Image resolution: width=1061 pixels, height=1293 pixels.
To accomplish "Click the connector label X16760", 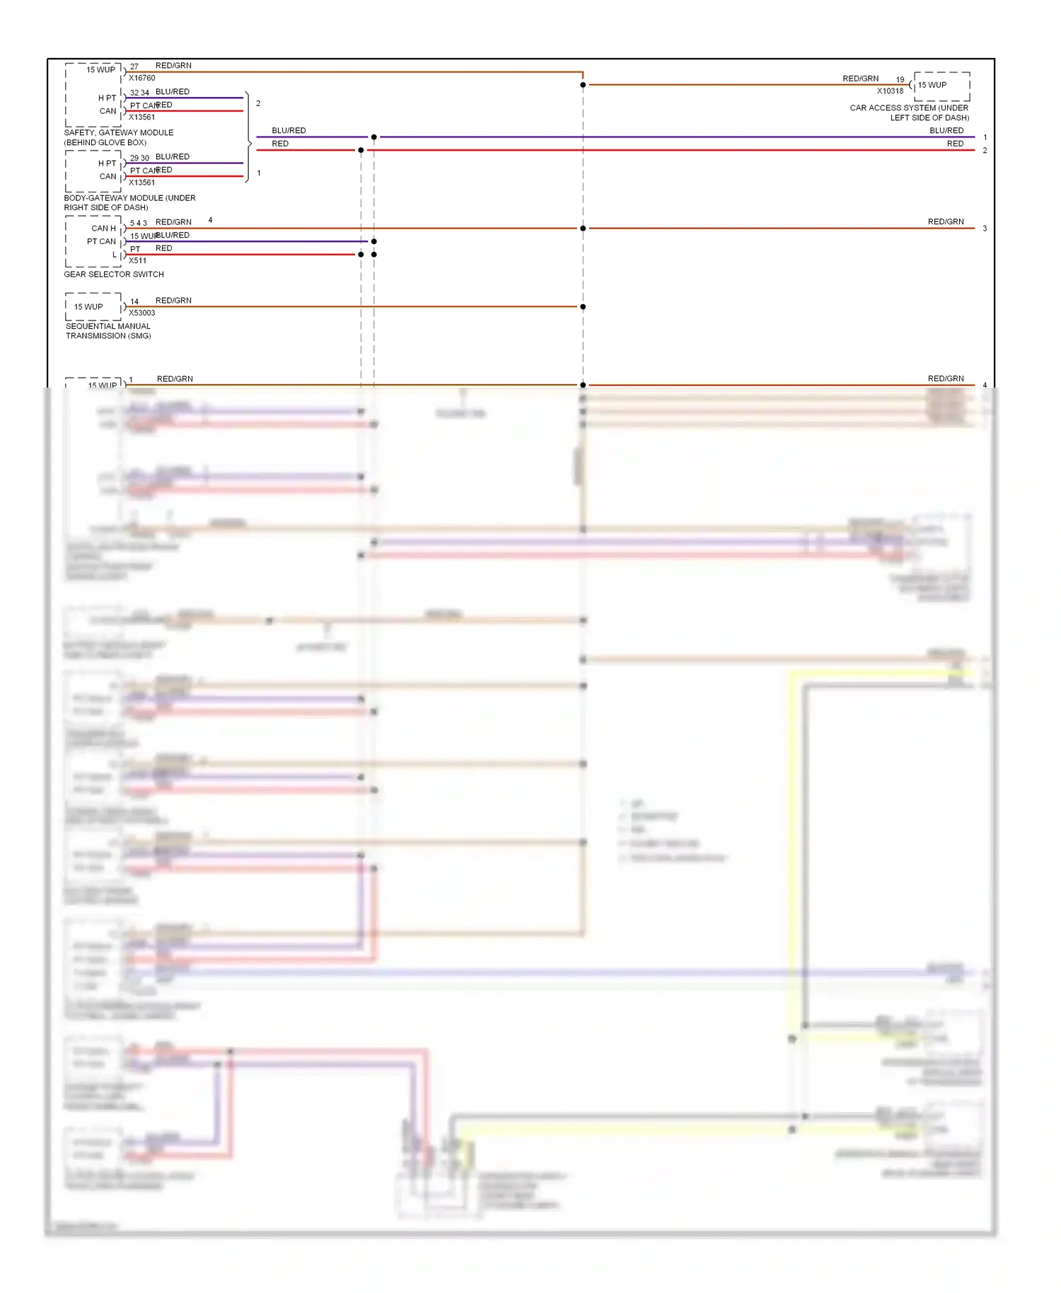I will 141,78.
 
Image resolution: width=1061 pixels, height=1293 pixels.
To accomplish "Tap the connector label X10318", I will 890,91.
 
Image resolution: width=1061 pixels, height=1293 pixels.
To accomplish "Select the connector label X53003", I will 141,313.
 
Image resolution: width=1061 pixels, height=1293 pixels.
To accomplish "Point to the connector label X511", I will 137,260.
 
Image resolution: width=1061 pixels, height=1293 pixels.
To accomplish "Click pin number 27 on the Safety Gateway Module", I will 134,66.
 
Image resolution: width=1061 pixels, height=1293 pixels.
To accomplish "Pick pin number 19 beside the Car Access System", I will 900,80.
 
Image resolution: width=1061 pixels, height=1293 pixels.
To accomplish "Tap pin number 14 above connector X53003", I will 134,301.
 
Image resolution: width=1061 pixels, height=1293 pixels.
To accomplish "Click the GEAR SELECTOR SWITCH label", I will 114,274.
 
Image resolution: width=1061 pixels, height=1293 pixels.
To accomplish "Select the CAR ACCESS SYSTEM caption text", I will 910,112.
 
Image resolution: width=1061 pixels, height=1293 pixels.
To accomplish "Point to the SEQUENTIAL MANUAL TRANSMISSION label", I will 108,331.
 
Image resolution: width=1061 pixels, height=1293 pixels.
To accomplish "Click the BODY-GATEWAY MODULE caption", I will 129,202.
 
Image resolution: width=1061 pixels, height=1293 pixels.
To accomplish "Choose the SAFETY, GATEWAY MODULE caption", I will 118,137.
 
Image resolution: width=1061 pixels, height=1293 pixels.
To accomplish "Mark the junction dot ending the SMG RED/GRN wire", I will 583,307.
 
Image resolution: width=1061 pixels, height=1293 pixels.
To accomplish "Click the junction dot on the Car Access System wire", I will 583,85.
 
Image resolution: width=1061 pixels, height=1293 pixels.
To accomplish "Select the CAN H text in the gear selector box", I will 103,228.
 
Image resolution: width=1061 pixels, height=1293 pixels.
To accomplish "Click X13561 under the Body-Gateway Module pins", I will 141,182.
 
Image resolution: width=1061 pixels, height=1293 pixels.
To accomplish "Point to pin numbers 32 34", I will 139,93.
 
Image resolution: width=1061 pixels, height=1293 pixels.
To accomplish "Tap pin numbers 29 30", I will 139,158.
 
